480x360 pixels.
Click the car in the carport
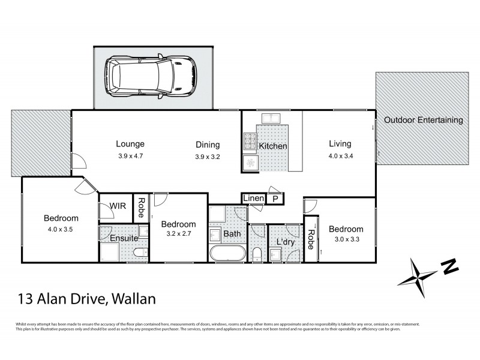coord(152,77)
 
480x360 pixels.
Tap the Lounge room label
coord(130,144)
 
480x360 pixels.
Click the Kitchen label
coord(272,146)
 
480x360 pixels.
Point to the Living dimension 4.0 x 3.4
coord(340,155)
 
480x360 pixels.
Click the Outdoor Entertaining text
coord(424,120)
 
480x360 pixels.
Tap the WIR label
coord(117,206)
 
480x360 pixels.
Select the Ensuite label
coord(124,238)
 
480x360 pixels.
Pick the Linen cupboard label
coord(253,198)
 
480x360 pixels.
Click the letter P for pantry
coord(275,199)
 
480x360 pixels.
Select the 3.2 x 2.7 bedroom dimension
coord(179,235)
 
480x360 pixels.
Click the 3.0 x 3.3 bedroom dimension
coord(346,241)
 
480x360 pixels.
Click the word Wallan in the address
coord(138,298)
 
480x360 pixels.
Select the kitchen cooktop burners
coord(250,142)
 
